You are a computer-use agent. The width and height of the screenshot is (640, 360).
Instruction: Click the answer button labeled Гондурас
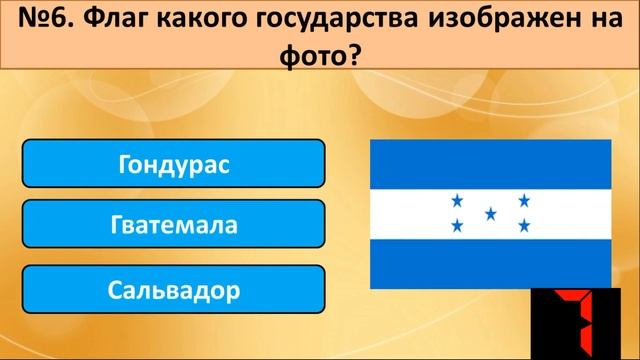(x=173, y=163)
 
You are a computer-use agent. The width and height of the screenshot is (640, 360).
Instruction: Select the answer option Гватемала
(x=173, y=225)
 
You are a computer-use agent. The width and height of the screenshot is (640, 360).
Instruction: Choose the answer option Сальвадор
(x=173, y=291)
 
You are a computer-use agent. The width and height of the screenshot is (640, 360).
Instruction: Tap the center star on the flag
(x=490, y=214)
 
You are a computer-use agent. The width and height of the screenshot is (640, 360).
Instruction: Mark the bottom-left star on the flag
(x=457, y=226)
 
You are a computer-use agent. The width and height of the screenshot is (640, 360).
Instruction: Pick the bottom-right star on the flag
(x=523, y=226)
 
